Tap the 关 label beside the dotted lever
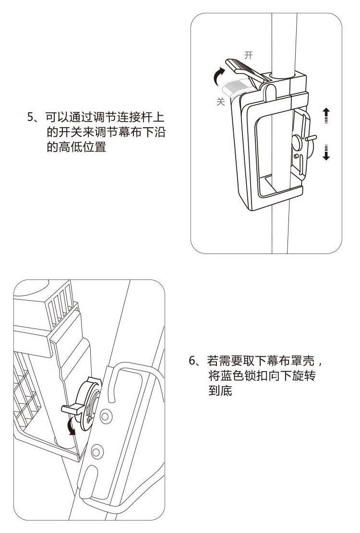221,102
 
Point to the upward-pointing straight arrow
326,116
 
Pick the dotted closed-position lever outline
236,88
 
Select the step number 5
31,117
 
